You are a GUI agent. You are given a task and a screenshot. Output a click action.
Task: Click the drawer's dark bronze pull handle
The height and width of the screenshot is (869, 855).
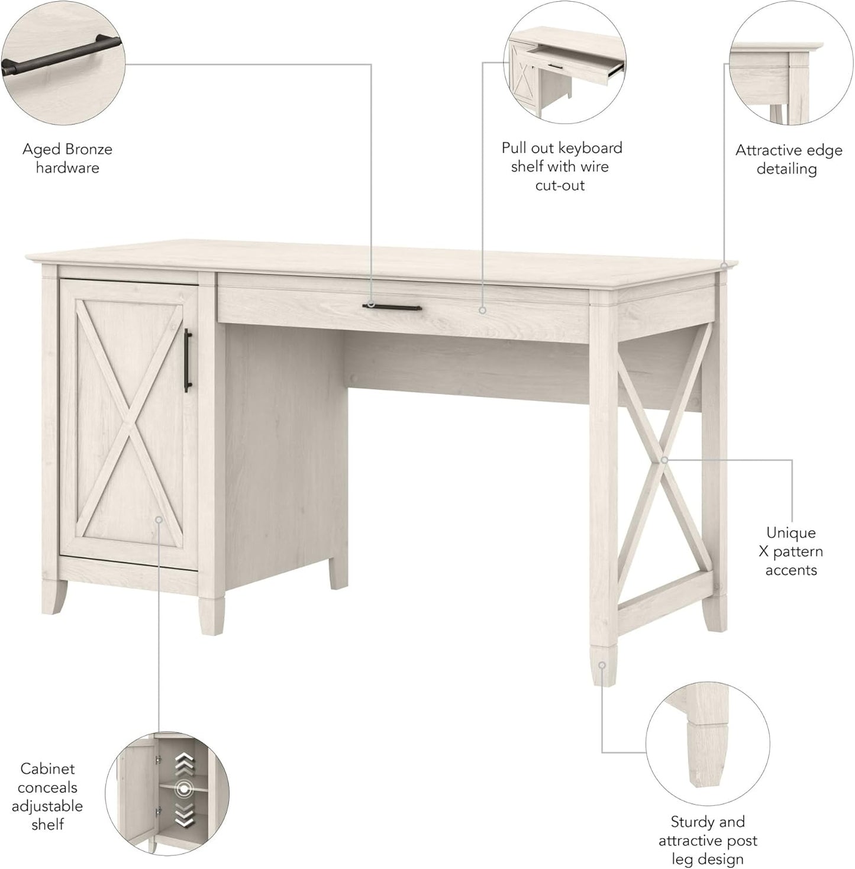point(392,307)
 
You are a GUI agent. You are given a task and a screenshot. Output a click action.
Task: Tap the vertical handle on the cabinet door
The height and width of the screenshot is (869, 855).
point(188,360)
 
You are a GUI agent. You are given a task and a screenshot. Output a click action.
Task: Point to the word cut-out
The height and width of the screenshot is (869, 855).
point(560,185)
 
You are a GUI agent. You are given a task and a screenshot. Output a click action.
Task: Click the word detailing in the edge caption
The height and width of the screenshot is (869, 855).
point(787,169)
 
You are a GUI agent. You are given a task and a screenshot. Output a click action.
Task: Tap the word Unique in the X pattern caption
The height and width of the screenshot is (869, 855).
point(791,533)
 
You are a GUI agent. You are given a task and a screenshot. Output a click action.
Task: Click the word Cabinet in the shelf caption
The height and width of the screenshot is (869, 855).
point(47,769)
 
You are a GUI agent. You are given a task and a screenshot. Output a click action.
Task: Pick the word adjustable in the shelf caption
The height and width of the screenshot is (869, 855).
point(47,806)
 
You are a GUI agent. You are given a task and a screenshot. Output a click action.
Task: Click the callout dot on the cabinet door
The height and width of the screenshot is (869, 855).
point(159,519)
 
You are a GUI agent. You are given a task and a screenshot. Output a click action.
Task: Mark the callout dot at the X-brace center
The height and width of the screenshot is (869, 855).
point(664,460)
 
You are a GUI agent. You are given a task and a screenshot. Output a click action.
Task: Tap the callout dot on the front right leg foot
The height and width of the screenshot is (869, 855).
point(602,665)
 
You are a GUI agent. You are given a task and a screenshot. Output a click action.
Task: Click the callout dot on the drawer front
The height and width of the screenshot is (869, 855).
point(483,310)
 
